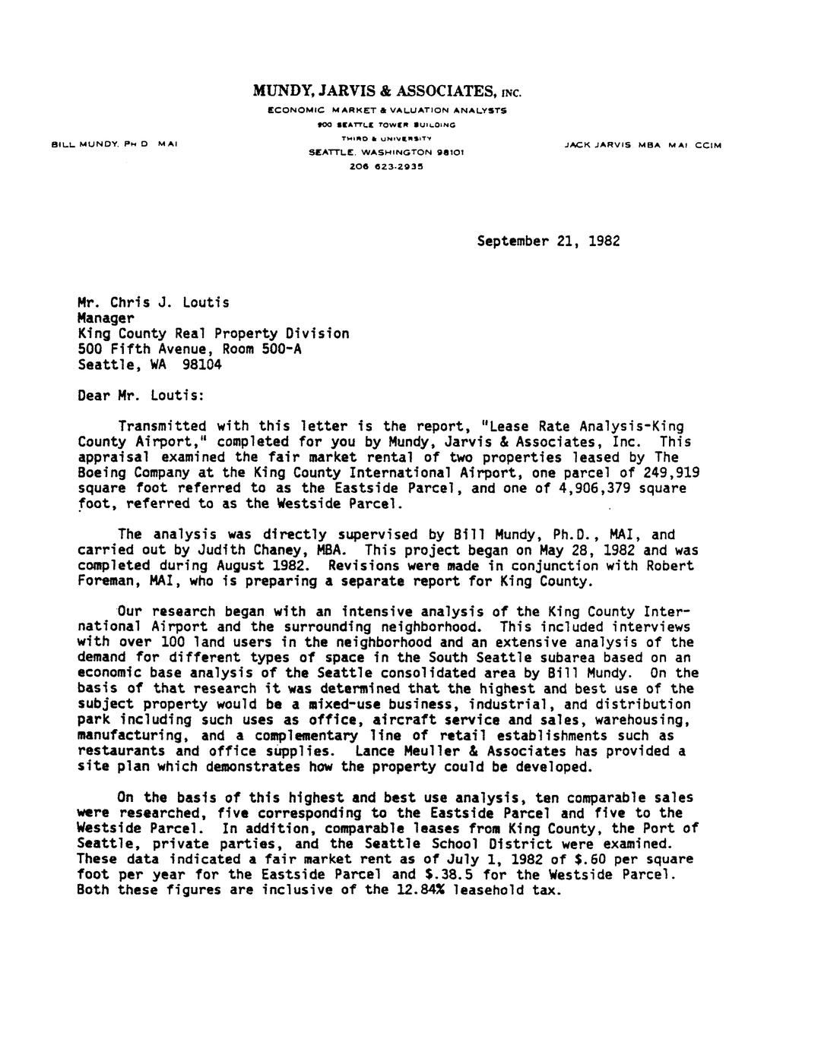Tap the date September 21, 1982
[x=548, y=241]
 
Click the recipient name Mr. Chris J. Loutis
[x=154, y=302]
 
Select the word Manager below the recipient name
[x=106, y=318]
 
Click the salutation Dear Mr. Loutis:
[x=141, y=396]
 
